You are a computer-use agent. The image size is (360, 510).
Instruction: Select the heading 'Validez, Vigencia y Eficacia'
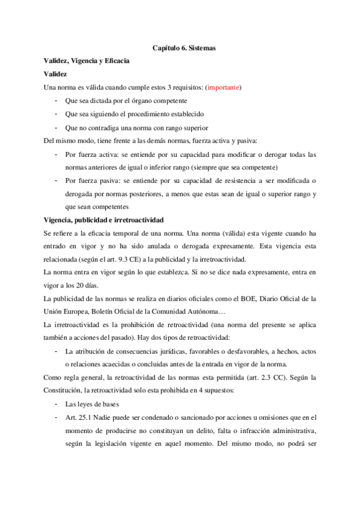[87, 61]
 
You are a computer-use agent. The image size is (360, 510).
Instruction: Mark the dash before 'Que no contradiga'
[56, 127]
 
